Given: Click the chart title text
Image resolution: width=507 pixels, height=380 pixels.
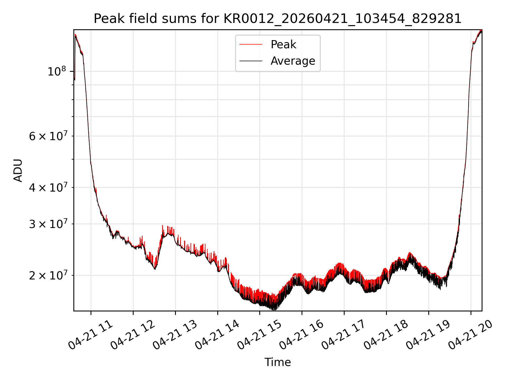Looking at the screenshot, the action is click(278, 19).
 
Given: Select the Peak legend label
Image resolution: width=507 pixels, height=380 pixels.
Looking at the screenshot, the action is click(283, 45).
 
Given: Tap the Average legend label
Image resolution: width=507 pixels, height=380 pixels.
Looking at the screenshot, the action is click(293, 61).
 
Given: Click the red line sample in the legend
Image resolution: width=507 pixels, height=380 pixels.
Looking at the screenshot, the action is click(251, 45).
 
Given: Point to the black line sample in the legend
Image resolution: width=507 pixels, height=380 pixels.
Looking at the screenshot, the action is click(251, 61).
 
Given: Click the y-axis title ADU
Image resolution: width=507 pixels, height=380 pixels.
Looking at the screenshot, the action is click(18, 170).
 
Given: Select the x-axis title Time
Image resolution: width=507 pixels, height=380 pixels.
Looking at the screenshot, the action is click(278, 362).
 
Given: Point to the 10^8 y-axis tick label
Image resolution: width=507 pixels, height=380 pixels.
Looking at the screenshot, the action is click(56, 71).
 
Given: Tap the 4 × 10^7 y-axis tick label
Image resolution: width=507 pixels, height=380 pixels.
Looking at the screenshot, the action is click(48, 187).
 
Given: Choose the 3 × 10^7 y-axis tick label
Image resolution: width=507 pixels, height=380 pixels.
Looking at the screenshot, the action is click(48, 224).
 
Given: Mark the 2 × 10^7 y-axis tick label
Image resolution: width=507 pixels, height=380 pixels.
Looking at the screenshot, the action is click(48, 275).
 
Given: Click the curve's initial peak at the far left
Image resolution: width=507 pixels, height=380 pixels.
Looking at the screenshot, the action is click(76, 35).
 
